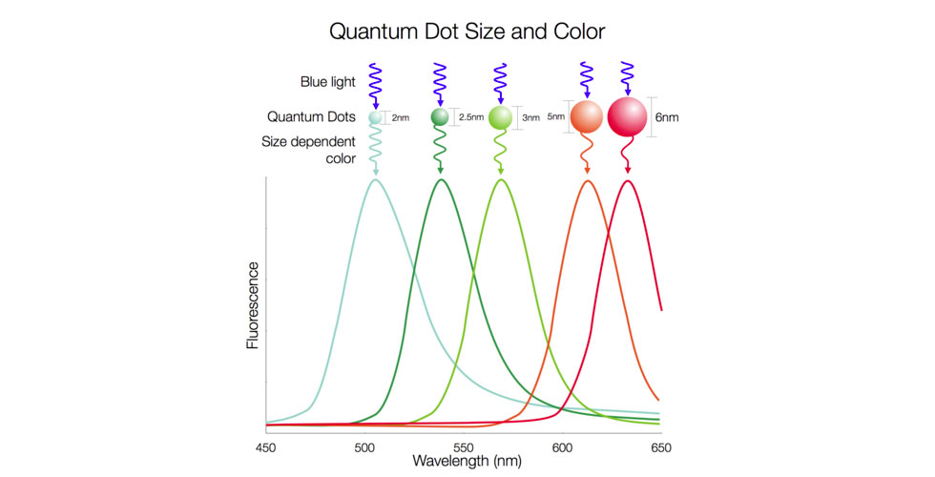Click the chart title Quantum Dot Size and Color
click(x=467, y=31)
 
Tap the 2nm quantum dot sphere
click(x=375, y=117)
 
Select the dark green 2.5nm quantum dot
click(x=440, y=116)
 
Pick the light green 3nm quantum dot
click(x=501, y=117)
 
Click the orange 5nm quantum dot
click(x=587, y=116)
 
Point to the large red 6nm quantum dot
click(x=627, y=116)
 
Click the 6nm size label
click(x=667, y=117)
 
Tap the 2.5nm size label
click(x=470, y=117)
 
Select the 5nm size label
click(x=557, y=117)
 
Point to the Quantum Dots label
click(x=311, y=117)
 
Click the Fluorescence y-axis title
click(x=253, y=304)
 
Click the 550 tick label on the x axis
click(x=462, y=446)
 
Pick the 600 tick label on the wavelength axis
click(x=561, y=446)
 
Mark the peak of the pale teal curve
click(x=375, y=179)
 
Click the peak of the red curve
click(x=628, y=180)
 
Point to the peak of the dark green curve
click(x=441, y=179)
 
